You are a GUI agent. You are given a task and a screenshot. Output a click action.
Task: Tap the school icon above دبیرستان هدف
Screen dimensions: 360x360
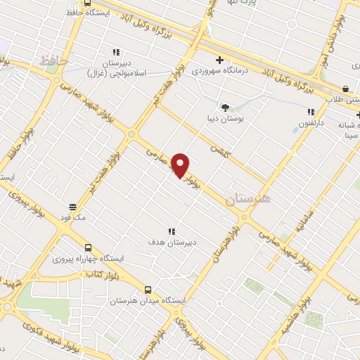(x=171, y=231)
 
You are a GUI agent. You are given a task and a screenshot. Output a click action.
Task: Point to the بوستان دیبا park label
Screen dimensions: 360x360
(x=229, y=120)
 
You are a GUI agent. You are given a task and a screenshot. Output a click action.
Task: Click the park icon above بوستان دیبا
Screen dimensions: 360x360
(x=225, y=108)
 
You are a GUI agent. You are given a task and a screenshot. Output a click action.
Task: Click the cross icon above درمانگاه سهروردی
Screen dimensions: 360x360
(x=220, y=60)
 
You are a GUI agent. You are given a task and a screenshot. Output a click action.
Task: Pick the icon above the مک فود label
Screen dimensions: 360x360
(x=73, y=207)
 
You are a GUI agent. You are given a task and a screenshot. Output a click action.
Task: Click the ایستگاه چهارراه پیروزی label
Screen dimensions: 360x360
(x=89, y=259)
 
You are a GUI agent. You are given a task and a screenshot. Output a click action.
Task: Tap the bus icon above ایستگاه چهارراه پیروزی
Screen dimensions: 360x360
(x=89, y=247)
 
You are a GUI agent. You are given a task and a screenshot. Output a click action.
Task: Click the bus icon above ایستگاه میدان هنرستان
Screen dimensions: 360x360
(x=148, y=289)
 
